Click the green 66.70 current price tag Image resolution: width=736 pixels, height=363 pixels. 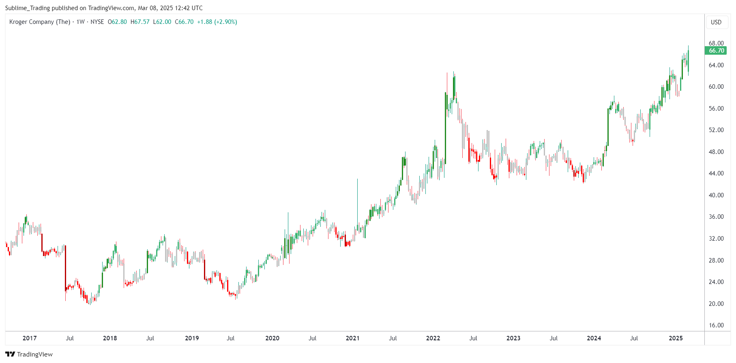716,51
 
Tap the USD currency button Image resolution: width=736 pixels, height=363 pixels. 716,22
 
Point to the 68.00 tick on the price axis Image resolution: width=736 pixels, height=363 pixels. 716,43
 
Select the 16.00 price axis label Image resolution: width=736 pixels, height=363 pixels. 716,325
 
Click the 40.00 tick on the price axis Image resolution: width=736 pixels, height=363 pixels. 716,195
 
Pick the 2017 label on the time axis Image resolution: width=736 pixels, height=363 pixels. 30,338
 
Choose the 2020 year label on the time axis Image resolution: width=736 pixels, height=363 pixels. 272,338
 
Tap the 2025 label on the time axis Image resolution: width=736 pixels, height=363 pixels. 676,338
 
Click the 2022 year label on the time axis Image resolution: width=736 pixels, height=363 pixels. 433,338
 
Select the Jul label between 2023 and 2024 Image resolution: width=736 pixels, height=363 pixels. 554,338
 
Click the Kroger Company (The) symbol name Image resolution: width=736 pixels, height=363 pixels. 40,22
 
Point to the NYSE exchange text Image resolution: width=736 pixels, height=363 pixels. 97,22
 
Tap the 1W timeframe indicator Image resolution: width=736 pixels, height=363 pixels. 81,22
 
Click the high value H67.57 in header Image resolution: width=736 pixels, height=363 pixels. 140,22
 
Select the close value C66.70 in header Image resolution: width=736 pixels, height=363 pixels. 184,22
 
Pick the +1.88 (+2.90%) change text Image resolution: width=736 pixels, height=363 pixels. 217,22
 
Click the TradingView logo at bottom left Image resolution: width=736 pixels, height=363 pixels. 29,354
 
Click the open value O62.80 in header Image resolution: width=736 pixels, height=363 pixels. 117,22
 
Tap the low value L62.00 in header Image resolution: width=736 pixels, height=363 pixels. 162,22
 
